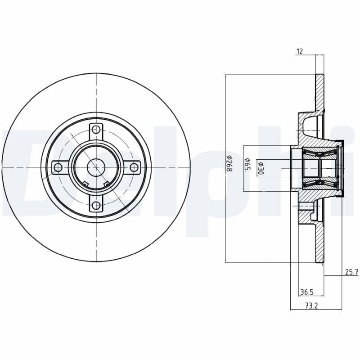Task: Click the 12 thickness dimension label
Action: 299,52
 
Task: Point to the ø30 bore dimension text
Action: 260,167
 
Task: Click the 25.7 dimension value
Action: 351,272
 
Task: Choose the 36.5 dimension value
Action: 306,292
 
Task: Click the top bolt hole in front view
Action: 96,130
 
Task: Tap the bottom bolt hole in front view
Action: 96,206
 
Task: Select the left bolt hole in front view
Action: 58,167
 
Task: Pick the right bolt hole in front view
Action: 134,167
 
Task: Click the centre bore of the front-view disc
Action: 96,167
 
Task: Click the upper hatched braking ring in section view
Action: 319,92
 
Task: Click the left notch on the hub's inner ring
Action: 85,183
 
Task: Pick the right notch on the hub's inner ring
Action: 107,183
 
